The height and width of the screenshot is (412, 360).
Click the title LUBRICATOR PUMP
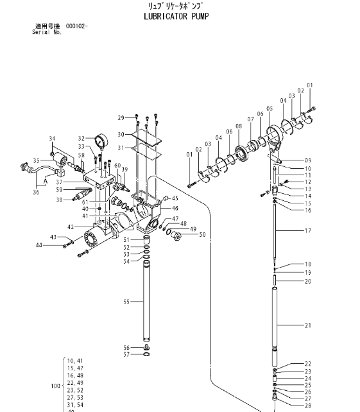[176, 16]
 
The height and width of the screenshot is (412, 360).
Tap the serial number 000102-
[77, 26]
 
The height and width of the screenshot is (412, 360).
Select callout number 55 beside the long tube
[126, 302]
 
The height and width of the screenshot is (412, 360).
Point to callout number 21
[308, 325]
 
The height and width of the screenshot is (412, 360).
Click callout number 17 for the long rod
[308, 230]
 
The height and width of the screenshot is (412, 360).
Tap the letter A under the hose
[46, 182]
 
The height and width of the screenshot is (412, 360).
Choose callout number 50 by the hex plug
[202, 235]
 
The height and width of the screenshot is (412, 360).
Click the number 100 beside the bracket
[55, 386]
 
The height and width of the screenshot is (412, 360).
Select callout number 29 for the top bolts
[121, 118]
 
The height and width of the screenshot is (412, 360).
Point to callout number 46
[175, 209]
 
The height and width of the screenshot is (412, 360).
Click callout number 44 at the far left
[39, 245]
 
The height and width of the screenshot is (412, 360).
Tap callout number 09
[308, 160]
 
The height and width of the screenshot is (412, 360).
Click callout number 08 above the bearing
[239, 126]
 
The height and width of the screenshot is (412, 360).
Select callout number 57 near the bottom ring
[126, 355]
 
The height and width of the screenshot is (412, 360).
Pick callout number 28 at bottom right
[308, 406]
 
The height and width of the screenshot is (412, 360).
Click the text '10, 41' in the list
[75, 361]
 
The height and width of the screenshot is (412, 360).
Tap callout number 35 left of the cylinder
[37, 160]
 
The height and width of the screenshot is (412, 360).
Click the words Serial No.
[47, 32]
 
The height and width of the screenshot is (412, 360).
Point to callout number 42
[71, 227]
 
